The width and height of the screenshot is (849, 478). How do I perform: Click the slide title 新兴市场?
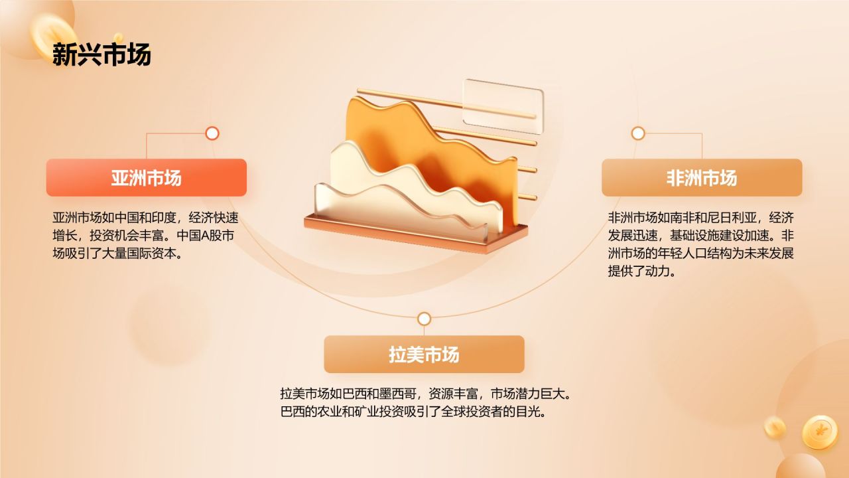coord(101,54)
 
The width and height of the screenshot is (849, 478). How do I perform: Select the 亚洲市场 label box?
coord(146,178)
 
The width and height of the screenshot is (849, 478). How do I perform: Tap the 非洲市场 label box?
coord(702,178)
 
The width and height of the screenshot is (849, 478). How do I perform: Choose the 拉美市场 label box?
coord(424,355)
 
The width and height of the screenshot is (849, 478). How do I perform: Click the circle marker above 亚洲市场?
coord(212,133)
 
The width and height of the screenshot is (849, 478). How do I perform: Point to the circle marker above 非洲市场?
coord(638,133)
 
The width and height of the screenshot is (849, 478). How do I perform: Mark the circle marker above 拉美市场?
coord(424,319)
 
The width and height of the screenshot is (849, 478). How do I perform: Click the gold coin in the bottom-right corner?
coord(820,432)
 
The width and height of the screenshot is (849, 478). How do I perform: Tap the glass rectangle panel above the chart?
coord(503,103)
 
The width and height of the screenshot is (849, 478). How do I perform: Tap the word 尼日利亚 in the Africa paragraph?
coord(734,218)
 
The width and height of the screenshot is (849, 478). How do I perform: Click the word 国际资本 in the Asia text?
coord(153,254)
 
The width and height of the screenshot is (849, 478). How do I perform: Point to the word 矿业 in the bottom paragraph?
coord(385,412)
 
